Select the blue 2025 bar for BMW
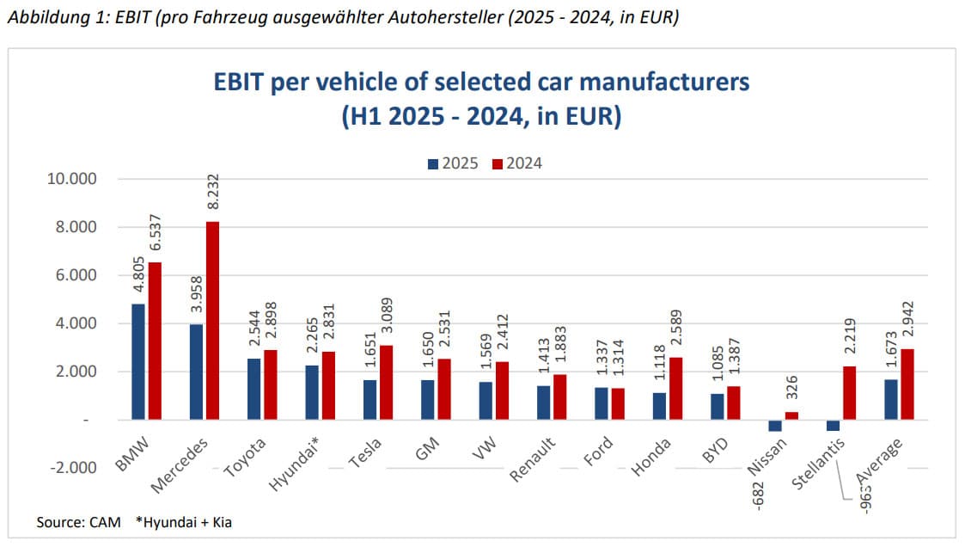pyautogui.click(x=138, y=361)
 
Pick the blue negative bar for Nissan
pyautogui.click(x=775, y=426)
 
